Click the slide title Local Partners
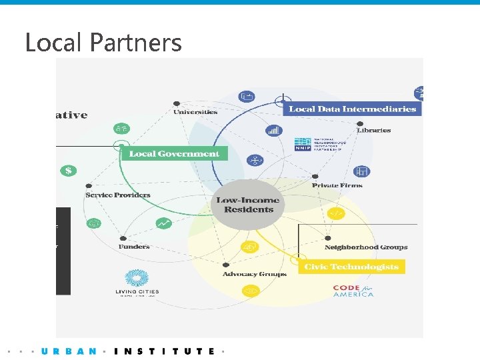pos(103,43)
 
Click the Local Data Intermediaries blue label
pos(352,109)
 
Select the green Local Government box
pos(174,153)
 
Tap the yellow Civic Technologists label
pos(351,267)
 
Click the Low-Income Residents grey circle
pos(249,205)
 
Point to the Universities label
pos(195,112)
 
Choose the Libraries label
pos(373,130)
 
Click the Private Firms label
pos(337,185)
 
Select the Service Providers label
pos(118,195)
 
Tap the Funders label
pos(134,247)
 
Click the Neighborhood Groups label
pos(365,247)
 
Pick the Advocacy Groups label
pos(254,274)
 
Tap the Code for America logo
pos(353,291)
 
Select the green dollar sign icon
pos(68,171)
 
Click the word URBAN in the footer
pos(69,351)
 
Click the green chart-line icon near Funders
pos(163,223)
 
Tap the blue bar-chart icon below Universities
pos(274,131)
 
